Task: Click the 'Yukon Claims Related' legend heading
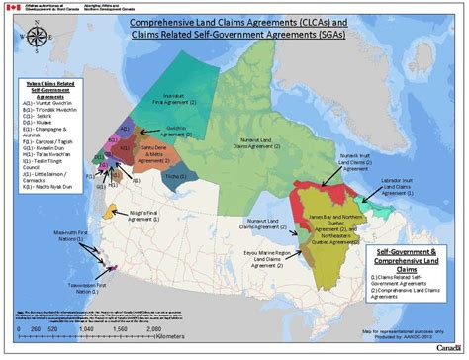pyautogui.click(x=42, y=90)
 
